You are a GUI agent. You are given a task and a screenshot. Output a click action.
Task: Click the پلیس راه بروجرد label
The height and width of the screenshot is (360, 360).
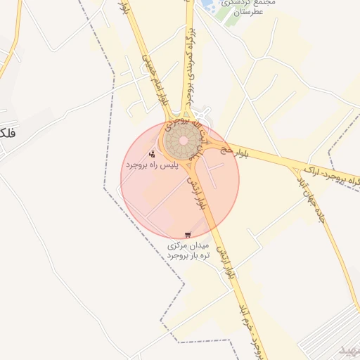click(x=149, y=165)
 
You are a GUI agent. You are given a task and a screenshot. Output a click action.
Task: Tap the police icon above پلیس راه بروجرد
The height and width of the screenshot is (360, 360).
click(x=152, y=153)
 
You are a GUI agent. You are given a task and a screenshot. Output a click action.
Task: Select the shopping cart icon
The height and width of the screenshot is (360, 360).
click(x=187, y=235)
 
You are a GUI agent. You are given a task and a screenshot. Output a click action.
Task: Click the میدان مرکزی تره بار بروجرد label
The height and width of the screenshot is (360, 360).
click(x=189, y=250)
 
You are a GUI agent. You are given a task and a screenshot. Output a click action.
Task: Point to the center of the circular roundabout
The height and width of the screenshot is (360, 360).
click(x=184, y=141)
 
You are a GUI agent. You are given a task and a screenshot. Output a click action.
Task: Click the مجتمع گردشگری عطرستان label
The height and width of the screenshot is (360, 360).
click(x=249, y=8)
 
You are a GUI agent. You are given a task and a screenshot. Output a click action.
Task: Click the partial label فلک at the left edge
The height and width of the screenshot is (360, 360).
click(x=7, y=132)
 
